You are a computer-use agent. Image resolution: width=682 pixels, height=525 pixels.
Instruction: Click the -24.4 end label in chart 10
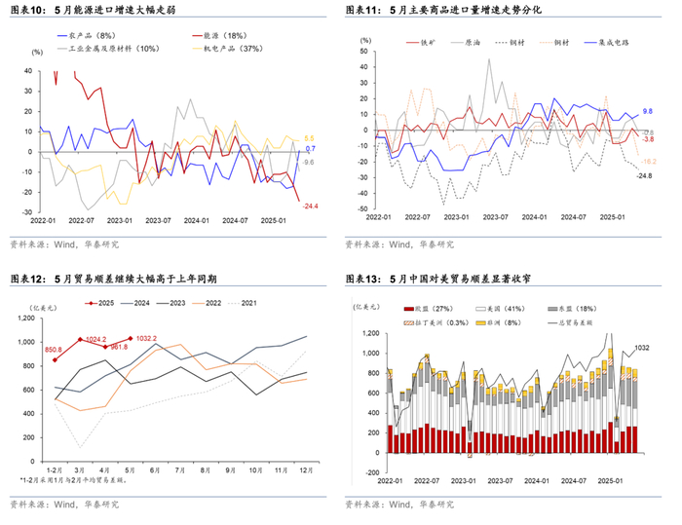point(311,206)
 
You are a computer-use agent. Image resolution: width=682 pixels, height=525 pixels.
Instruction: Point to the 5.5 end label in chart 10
point(310,138)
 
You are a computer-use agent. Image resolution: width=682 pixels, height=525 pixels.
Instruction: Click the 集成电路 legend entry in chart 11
point(614,43)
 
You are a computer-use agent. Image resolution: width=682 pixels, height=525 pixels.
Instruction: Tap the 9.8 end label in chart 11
point(647,113)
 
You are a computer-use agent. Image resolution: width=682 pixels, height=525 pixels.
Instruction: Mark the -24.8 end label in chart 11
point(644,175)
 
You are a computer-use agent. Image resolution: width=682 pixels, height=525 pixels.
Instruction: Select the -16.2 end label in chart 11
point(647,160)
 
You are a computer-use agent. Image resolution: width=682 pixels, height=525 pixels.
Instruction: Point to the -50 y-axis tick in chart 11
point(362,207)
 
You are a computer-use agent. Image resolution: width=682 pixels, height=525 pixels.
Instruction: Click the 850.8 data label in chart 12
point(53,348)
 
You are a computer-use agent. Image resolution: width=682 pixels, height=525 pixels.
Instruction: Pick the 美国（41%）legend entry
point(500,308)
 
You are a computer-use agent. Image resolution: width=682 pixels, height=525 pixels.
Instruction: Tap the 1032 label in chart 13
point(643,348)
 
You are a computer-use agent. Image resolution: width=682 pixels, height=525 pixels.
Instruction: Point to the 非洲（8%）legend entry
point(500,320)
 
